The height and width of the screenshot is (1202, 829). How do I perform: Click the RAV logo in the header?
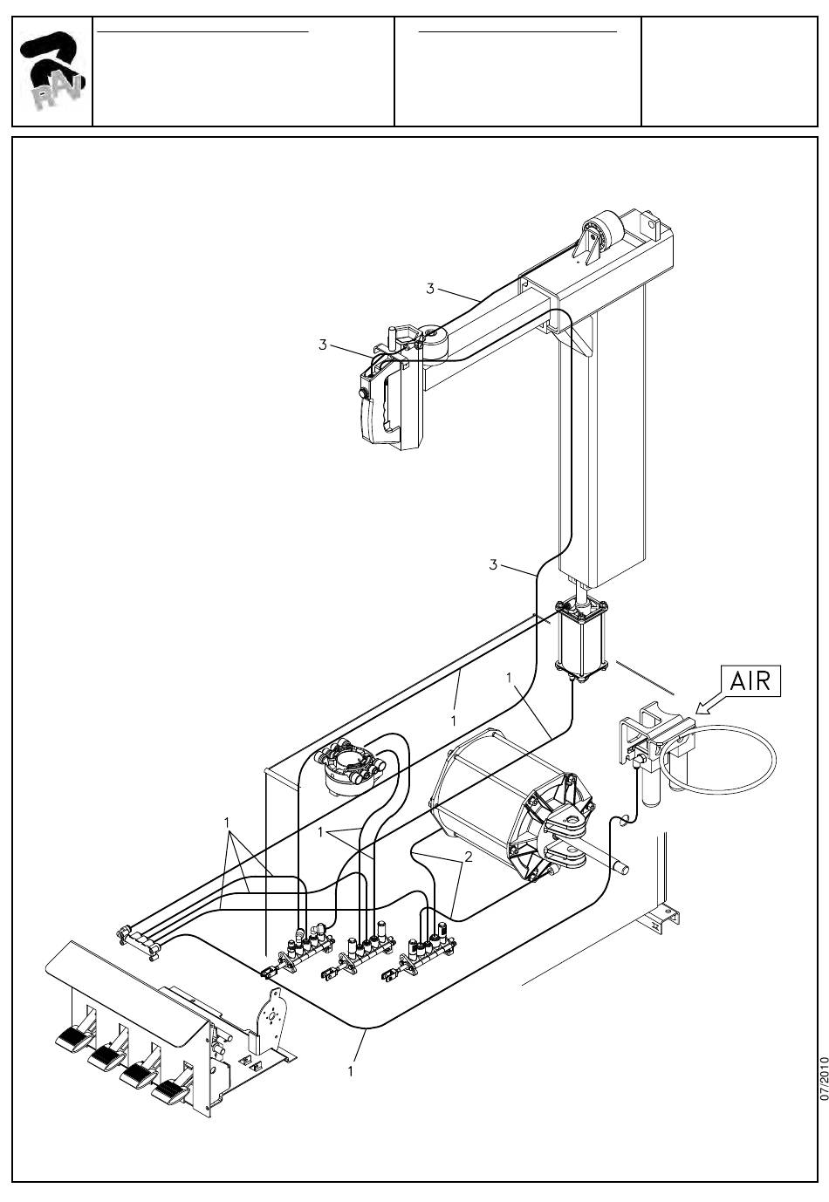click(51, 71)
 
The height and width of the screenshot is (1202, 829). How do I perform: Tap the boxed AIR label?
click(750, 681)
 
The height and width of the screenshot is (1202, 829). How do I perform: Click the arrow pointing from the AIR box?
click(709, 704)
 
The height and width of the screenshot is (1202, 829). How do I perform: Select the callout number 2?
click(469, 857)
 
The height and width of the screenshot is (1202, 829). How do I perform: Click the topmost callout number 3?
click(430, 289)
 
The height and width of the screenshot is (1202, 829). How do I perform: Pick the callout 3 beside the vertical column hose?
click(493, 564)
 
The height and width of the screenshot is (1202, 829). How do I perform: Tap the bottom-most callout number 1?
click(351, 1071)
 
